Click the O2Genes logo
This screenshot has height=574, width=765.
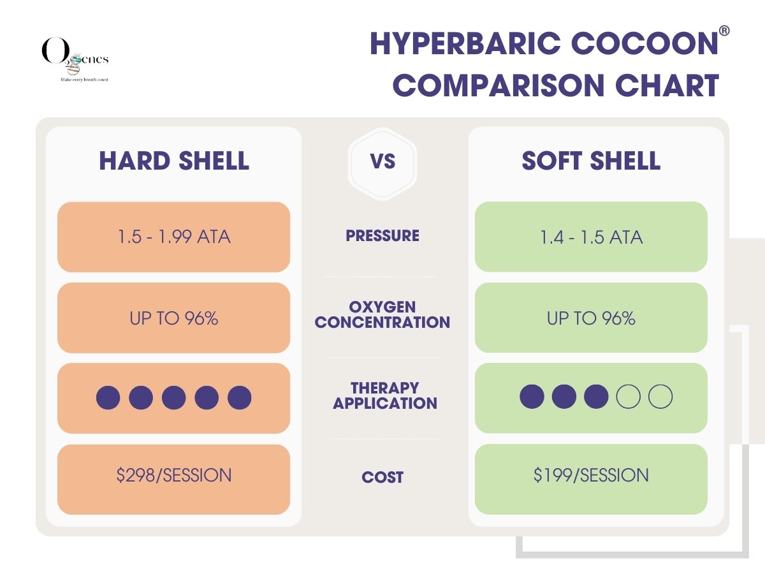[x=75, y=59]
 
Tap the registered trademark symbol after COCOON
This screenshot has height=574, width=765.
[x=724, y=31]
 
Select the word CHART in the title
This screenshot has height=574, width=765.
[x=667, y=85]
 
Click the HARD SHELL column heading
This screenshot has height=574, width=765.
[x=174, y=161]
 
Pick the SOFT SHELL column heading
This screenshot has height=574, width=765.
[x=591, y=161]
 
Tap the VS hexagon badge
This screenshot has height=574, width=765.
[x=382, y=164]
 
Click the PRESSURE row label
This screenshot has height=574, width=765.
[x=382, y=235]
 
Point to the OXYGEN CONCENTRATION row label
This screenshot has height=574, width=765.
[x=382, y=314]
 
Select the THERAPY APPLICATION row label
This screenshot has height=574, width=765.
[x=385, y=395]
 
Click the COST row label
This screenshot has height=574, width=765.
[x=382, y=477]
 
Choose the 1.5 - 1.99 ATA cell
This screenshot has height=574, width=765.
[x=174, y=237]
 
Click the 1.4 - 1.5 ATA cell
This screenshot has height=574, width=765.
[x=591, y=237]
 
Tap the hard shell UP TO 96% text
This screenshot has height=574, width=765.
[x=174, y=318]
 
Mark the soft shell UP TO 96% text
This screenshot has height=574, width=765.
[x=591, y=318]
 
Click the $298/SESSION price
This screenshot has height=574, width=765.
[x=174, y=475]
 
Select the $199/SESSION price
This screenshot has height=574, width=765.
[x=591, y=475]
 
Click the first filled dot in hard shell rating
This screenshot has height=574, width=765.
[x=108, y=397]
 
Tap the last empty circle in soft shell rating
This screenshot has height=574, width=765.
[x=660, y=397]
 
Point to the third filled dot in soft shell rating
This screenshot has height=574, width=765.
[x=596, y=397]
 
